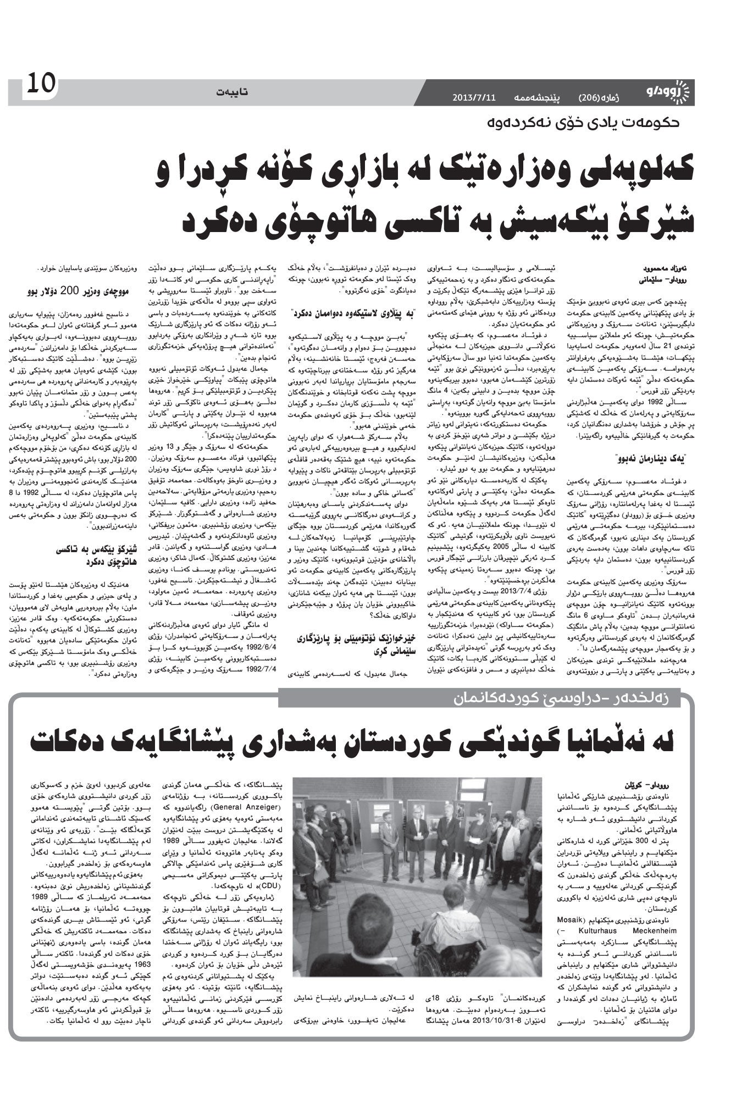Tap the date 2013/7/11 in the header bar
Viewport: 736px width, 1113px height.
474,98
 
